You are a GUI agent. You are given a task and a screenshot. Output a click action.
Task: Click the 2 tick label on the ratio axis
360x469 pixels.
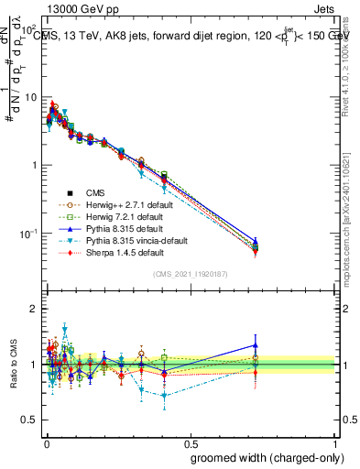[x=34, y=309]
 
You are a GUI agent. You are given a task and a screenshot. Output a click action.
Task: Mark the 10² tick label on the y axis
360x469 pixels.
[x=29, y=29]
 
